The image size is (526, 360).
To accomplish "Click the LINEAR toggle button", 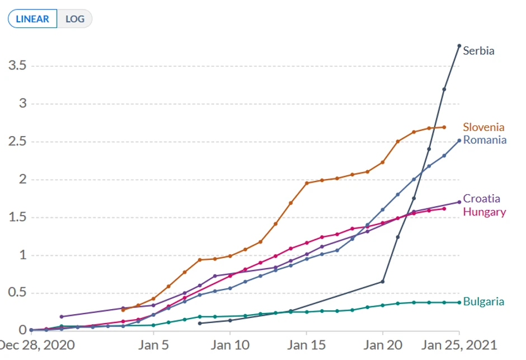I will coord(32,18).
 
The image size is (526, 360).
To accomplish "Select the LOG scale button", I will coord(75,18).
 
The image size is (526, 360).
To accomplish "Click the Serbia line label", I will coord(478,51).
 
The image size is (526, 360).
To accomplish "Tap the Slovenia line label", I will coord(483,127).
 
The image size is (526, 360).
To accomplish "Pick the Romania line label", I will coord(485,140).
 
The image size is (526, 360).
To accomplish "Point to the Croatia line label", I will coord(482,199).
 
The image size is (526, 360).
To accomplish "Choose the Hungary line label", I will coord(484,212).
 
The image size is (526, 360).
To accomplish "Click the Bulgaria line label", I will coord(483,302).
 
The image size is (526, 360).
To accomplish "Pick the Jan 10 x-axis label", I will coord(230,344).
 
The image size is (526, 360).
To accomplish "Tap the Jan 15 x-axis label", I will coord(307,344).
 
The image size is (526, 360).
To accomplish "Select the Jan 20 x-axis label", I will coord(383,344).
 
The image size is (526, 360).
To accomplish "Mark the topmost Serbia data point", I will coord(459,46).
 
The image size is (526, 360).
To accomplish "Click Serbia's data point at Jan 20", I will coord(383,281).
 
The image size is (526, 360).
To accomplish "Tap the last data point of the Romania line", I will coord(459,141).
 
